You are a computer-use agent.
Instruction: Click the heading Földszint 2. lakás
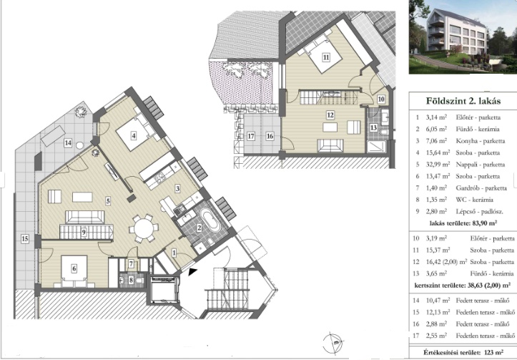click(463, 101)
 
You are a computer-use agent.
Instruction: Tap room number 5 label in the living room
click(108, 200)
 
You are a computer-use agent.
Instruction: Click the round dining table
click(144, 228)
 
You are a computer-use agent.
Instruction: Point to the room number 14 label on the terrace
click(68, 143)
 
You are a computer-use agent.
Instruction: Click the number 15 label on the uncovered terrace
click(25, 238)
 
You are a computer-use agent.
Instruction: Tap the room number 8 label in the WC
click(131, 280)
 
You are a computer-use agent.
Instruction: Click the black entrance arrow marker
click(192, 272)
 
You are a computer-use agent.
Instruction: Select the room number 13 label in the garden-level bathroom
click(373, 127)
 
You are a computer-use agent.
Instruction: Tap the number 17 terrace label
click(251, 135)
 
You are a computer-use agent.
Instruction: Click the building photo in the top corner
click(463, 37)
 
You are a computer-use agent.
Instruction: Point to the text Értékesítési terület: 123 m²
click(463, 352)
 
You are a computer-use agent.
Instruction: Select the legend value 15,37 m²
click(438, 250)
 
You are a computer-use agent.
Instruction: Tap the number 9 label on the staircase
click(84, 233)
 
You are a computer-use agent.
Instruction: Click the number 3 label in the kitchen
click(177, 188)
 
